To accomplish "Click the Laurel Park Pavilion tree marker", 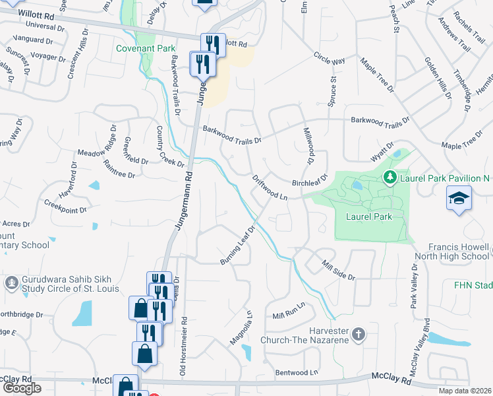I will pos(390,177).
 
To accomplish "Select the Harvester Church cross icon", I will pos(358,334).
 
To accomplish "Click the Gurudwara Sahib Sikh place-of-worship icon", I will pos(11,282).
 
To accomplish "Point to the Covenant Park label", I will pos(146,48).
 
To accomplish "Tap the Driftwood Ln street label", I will pos(271,187).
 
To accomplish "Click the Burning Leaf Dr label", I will pos(237,246).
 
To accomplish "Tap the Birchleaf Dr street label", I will pos(309,183).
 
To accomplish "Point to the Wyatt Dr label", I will pos(382,152).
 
